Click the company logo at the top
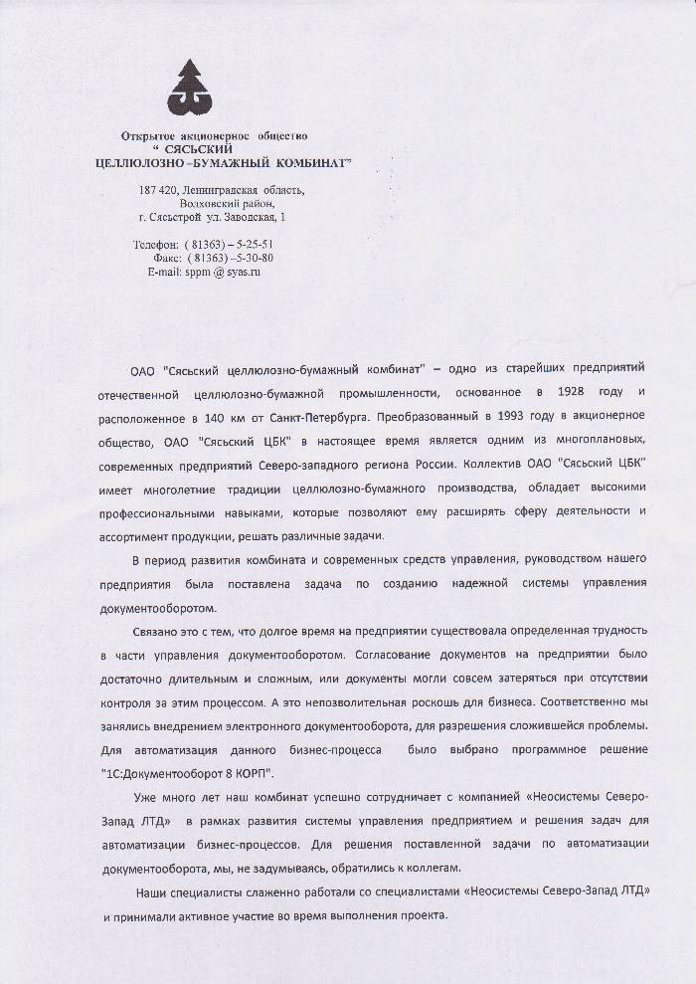tap(211, 87)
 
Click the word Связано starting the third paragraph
tap(154, 632)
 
